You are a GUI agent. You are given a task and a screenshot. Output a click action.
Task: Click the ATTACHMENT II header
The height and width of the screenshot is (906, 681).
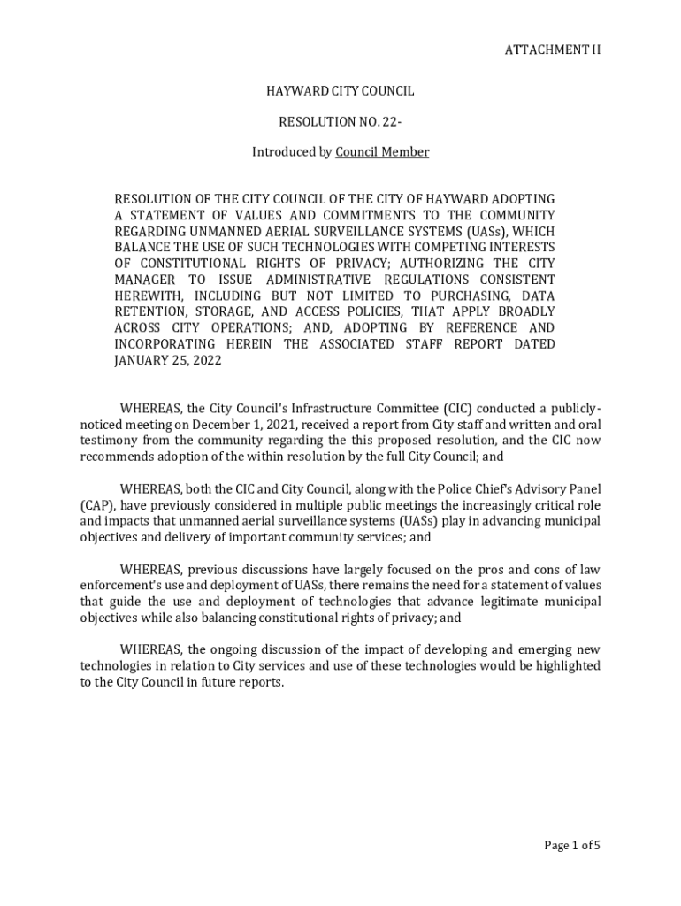point(552,50)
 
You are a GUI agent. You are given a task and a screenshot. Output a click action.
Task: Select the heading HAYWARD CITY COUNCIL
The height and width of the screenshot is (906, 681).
point(340,91)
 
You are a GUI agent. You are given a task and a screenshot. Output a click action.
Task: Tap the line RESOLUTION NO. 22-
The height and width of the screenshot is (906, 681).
point(340,121)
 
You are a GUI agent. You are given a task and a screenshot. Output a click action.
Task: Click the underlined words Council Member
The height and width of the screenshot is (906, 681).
point(382,152)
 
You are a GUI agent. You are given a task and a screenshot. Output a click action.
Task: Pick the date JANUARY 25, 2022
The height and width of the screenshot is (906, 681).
point(168,360)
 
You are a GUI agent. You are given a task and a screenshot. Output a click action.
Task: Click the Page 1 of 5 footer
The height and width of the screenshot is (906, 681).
point(571,845)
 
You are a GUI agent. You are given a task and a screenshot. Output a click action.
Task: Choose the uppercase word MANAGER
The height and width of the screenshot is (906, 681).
point(149,279)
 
